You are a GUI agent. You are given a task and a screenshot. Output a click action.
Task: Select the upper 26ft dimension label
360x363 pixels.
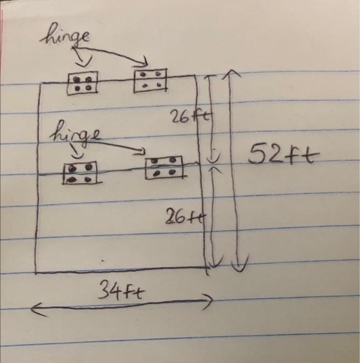click(185, 117)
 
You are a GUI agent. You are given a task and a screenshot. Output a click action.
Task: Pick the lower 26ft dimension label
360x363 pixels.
click(183, 217)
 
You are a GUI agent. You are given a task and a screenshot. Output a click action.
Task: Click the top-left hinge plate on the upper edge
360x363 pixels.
click(83, 83)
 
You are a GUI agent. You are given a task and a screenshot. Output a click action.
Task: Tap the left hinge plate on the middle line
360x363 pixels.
click(80, 173)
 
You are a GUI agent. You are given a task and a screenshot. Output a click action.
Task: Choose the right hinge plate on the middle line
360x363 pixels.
click(164, 167)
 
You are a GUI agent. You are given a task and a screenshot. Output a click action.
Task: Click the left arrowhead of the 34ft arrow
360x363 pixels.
click(33, 310)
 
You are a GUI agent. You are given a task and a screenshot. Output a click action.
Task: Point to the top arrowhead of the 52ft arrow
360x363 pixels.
click(229, 74)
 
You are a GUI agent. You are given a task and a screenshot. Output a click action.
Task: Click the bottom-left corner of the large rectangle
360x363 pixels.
click(36, 272)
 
